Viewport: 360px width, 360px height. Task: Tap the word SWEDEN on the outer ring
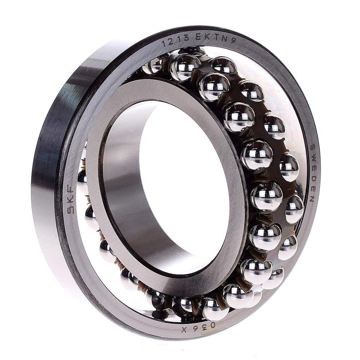click(x=312, y=173)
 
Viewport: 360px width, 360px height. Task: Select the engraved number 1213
click(x=176, y=41)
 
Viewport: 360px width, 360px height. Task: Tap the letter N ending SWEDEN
click(x=311, y=199)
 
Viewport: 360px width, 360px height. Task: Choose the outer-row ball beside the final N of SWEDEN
click(x=294, y=209)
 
